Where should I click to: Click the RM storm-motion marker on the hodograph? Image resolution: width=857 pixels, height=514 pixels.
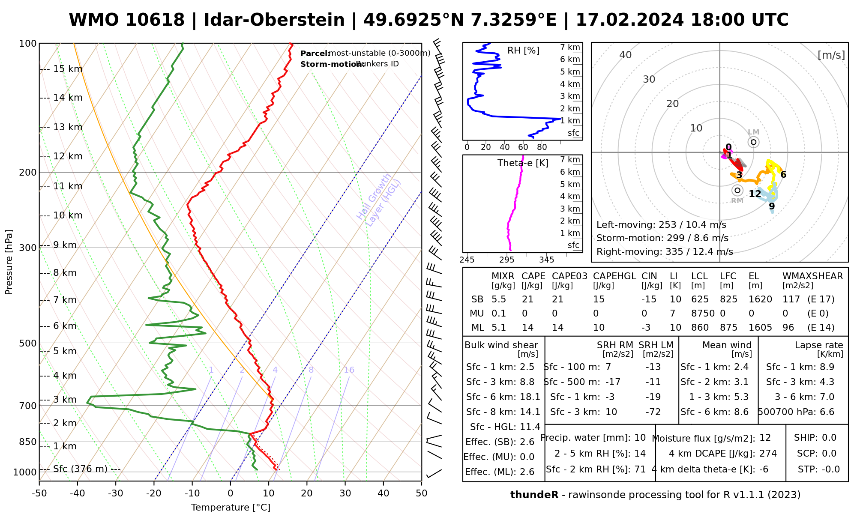pyautogui.click(x=737, y=191)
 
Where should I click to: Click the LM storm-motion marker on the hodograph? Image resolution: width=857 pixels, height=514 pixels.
pyautogui.click(x=753, y=142)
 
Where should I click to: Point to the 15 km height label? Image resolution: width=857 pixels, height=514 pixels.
pyautogui.click(x=68, y=69)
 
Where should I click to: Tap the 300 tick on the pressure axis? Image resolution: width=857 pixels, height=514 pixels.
pyautogui.click(x=28, y=248)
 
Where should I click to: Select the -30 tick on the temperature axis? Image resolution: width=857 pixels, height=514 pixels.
pyautogui.click(x=116, y=493)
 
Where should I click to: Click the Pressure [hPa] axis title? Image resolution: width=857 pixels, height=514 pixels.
pyautogui.click(x=9, y=262)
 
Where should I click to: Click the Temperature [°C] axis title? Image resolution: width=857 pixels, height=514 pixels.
pyautogui.click(x=231, y=508)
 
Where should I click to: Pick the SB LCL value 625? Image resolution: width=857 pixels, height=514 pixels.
pyautogui.click(x=700, y=299)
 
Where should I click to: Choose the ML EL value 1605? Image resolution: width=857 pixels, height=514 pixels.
pyautogui.click(x=760, y=328)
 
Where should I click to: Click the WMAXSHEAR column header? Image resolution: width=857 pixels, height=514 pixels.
pyautogui.click(x=812, y=276)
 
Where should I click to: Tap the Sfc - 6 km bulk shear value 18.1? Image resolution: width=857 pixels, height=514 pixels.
pyautogui.click(x=529, y=397)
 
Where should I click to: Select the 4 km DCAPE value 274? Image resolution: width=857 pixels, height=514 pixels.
pyautogui.click(x=768, y=454)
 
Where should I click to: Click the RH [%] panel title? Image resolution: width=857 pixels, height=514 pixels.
pyautogui.click(x=523, y=51)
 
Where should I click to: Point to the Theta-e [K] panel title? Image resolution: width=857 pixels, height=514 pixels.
pyautogui.click(x=523, y=163)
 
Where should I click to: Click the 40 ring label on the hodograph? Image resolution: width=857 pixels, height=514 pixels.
pyautogui.click(x=626, y=55)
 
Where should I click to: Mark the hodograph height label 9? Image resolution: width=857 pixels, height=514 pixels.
pyautogui.click(x=772, y=206)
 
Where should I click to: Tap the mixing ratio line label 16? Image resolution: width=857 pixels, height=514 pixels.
pyautogui.click(x=349, y=370)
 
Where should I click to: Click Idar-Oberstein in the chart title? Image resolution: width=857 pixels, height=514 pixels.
pyautogui.click(x=274, y=20)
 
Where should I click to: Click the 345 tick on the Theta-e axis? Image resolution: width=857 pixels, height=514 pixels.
pyautogui.click(x=546, y=260)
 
